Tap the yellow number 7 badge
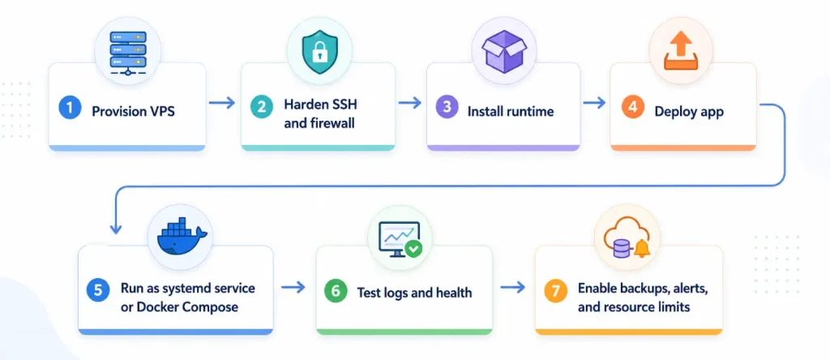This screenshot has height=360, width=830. coord(555,292)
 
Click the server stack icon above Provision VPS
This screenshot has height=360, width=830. coord(127,52)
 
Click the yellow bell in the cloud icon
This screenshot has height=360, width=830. coord(643,248)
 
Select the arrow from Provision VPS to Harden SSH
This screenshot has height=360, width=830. coord(222,103)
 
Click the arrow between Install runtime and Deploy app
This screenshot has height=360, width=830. coord(594,103)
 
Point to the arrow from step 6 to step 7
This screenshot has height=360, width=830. coord(512,287)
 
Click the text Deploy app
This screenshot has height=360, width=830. coord(689,112)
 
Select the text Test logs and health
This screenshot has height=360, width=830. coord(414,292)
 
